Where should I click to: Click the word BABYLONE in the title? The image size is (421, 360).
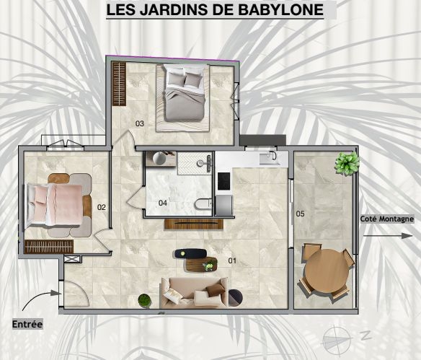281,9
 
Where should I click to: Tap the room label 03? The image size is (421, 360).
140,123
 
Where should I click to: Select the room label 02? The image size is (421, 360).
102,207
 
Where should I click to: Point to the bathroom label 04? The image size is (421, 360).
163,203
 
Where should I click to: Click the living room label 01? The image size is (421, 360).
232,260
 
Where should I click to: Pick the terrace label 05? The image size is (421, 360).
300,214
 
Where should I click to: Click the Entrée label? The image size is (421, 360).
27,324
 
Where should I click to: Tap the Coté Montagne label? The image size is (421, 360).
386,219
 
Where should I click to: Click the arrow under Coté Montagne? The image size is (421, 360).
388,236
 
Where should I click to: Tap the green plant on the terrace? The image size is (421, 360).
347,163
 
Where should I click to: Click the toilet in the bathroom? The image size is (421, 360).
203,203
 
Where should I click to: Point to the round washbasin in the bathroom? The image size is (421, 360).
160,158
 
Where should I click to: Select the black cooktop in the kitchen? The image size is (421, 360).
223,181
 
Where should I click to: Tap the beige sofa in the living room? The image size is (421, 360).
195,292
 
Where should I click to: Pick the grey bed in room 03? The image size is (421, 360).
185,92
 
